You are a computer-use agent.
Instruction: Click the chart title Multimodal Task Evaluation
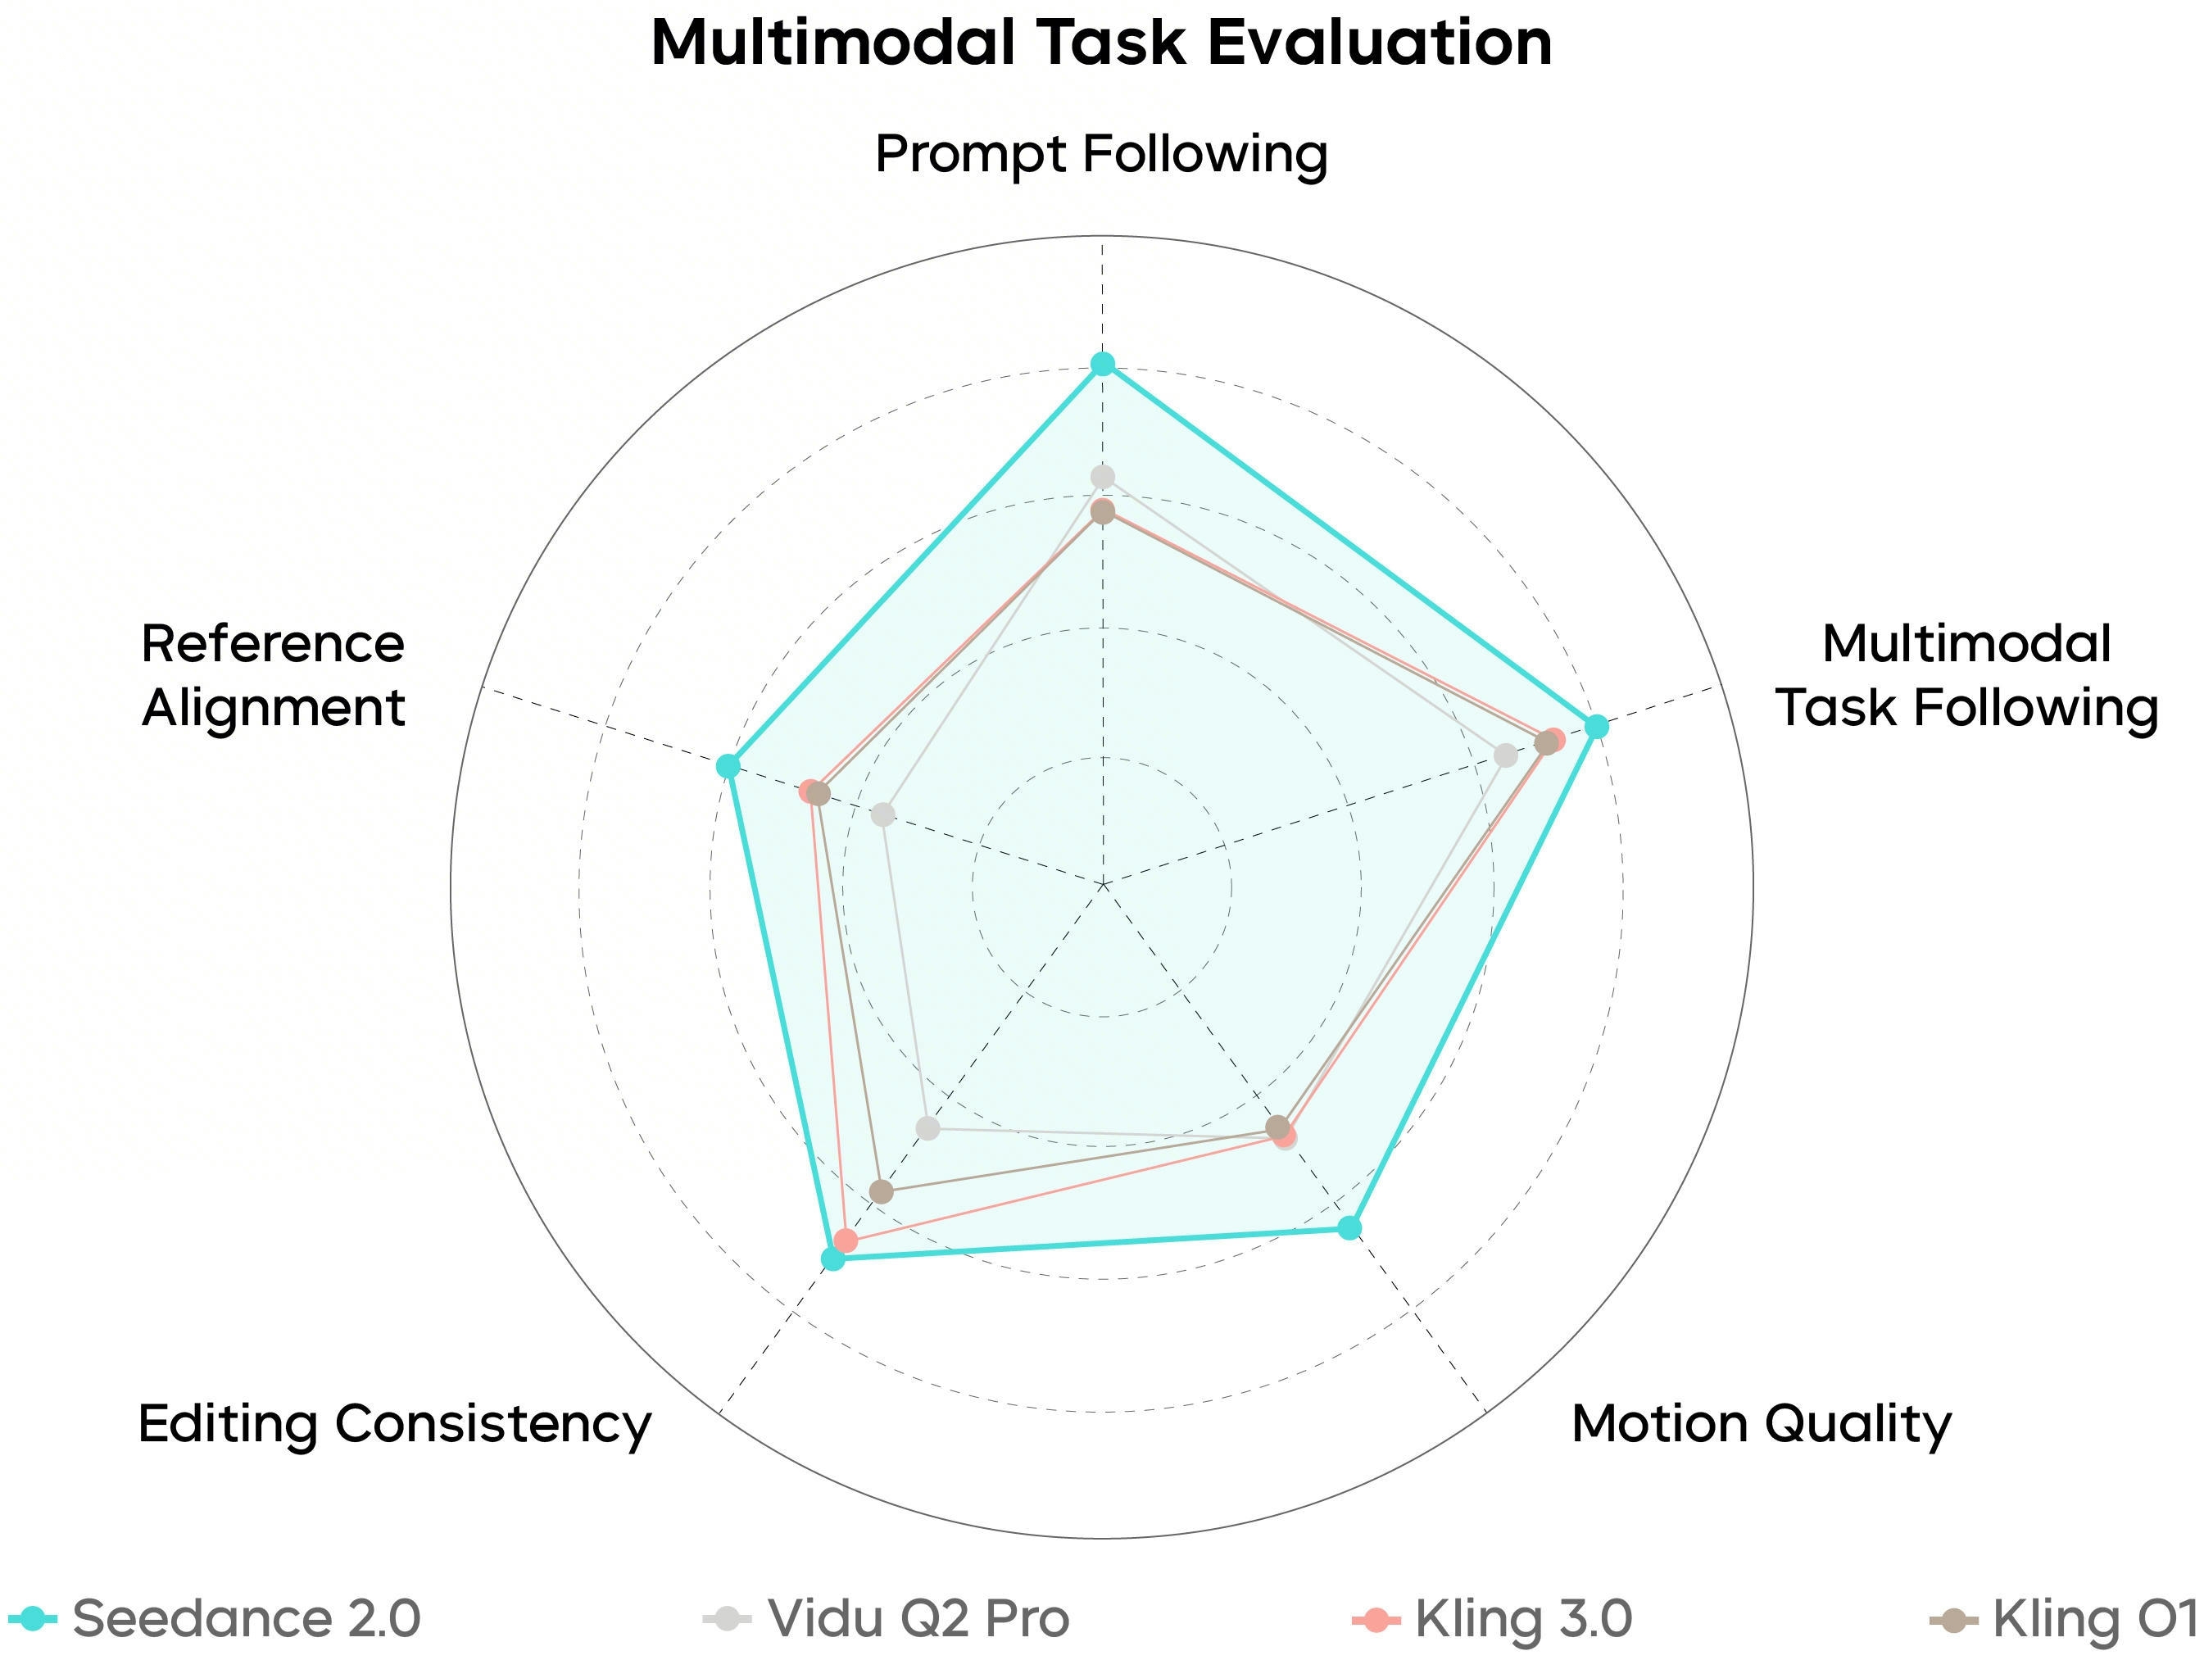[x=1101, y=44]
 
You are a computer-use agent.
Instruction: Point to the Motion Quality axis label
[x=1761, y=1424]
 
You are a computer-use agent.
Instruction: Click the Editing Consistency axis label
[x=395, y=1424]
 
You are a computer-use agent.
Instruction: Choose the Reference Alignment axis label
[x=273, y=676]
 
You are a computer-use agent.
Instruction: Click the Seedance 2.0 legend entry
[x=214, y=1618]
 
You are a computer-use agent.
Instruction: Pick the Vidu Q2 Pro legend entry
[x=887, y=1618]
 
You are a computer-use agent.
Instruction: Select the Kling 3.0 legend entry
[x=1491, y=1618]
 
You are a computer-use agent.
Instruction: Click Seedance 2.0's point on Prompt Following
[x=1102, y=364]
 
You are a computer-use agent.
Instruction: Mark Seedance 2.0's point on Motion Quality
[x=1349, y=1227]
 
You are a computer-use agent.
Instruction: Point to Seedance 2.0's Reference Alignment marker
[x=728, y=766]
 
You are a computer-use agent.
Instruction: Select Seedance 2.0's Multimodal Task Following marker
[x=1596, y=727]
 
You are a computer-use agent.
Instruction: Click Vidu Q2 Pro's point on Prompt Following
[x=1102, y=476]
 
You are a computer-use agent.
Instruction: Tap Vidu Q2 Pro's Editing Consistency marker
[x=927, y=1129]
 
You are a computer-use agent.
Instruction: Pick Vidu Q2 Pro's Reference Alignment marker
[x=882, y=815]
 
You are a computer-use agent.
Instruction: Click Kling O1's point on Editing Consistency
[x=881, y=1191]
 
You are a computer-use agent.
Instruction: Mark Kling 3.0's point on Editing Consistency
[x=846, y=1240]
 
